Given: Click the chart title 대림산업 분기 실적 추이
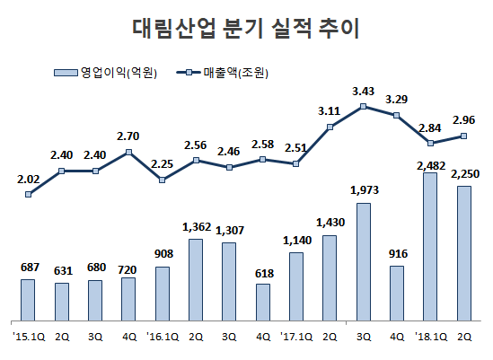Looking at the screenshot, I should pos(245,28).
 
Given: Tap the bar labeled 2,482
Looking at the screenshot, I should pos(430,247).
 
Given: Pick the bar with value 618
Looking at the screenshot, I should pos(262,302).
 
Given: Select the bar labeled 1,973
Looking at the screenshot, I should pos(363,261).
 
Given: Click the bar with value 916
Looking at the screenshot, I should pos(397,293).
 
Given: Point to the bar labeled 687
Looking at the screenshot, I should pos(28,300).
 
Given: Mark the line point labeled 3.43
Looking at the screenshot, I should pos(363,106).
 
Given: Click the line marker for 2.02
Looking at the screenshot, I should pos(28,194).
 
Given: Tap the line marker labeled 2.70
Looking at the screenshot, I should pos(128,152).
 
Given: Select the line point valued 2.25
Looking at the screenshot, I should pos(162,180).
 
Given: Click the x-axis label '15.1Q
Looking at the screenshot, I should pos(26,337).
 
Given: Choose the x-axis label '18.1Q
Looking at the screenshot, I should pos(428,337).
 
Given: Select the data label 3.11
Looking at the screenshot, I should pos(330,110).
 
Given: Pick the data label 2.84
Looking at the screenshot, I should pos(430,127).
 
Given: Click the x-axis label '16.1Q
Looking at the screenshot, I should pos(161,337).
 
